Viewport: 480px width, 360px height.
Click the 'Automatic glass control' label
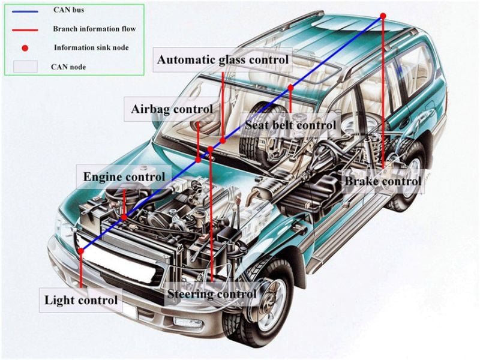(223, 60)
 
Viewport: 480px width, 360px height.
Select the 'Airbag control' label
(172, 109)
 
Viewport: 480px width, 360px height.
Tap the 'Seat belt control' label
(290, 124)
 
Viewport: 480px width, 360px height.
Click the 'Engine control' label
(124, 177)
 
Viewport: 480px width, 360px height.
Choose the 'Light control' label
(81, 299)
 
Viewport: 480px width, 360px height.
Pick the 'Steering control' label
(211, 293)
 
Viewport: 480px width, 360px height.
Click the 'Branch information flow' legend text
(94, 28)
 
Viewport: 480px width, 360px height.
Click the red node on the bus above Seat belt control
(290, 88)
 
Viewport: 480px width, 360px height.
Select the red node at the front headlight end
(80, 251)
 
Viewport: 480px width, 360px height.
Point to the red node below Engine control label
(124, 217)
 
